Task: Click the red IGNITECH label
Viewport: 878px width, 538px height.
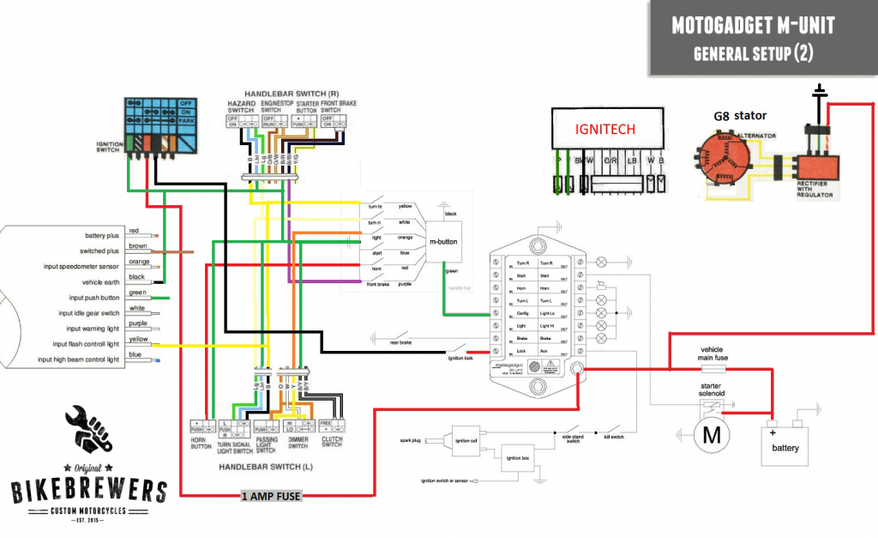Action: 605,130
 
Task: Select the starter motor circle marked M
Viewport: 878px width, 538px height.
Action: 711,435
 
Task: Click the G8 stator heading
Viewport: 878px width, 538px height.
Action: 740,115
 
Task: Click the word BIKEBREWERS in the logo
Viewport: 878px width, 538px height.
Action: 88,492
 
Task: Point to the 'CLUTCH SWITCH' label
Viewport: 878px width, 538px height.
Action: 332,441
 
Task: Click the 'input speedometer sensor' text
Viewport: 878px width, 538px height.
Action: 82,265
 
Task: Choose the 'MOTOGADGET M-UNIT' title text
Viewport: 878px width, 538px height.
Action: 752,27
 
